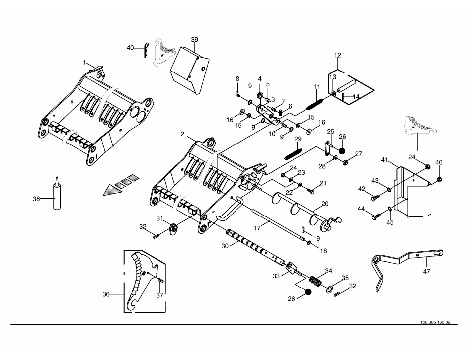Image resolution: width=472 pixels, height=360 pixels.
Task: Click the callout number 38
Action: coord(36,199)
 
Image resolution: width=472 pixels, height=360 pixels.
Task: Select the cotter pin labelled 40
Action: coord(146,50)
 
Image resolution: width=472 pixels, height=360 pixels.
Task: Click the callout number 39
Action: coord(194,40)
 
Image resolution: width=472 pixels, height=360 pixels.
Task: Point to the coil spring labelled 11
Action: coord(315,104)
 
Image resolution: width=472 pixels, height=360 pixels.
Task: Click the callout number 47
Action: coord(427,271)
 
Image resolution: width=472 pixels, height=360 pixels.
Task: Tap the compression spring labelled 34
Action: coord(316,282)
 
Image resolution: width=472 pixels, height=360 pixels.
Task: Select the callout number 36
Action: coord(106,294)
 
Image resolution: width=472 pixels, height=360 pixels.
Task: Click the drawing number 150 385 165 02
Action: coord(435,322)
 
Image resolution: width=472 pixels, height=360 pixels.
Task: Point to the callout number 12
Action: coord(337,55)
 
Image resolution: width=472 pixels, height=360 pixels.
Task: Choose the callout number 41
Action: coord(385,160)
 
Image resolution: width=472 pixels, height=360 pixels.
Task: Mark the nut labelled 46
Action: coord(439,180)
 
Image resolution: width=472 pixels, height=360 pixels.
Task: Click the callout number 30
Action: coord(225,246)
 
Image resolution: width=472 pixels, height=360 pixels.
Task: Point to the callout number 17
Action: coord(257,228)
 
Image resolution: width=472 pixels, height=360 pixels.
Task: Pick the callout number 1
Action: coord(84,62)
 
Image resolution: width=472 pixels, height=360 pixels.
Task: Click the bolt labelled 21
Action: coord(311,190)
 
